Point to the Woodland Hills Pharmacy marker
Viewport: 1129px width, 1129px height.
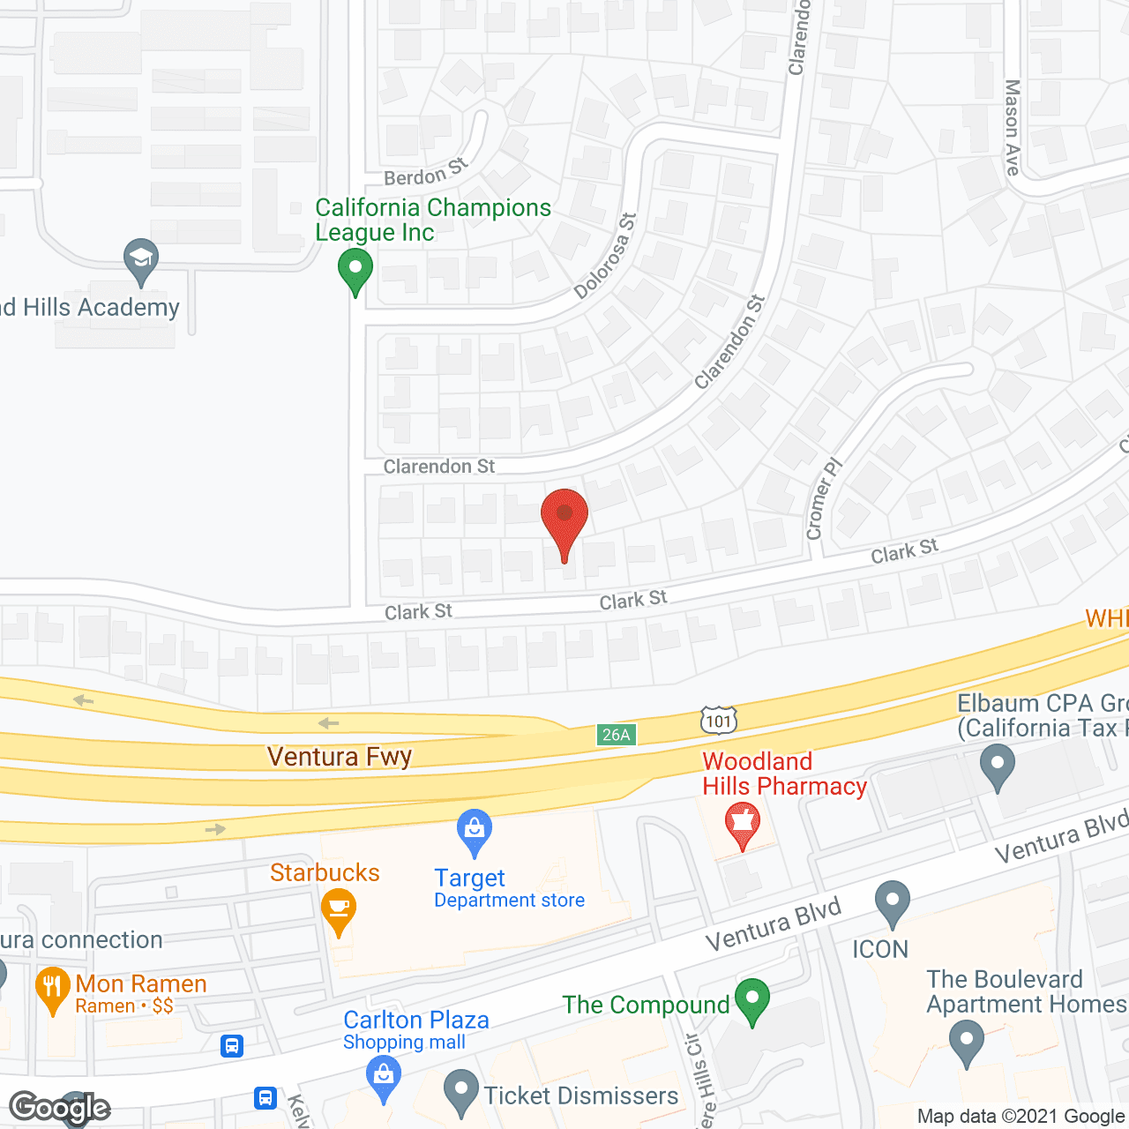pyautogui.click(x=743, y=824)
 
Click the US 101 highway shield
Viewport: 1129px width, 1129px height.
pyautogui.click(x=719, y=721)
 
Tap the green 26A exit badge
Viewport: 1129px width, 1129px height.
pyautogui.click(x=616, y=735)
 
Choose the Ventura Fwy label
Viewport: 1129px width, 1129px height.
pyautogui.click(x=340, y=757)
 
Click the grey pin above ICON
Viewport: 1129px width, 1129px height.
pyautogui.click(x=893, y=903)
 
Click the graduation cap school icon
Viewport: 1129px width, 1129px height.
pyautogui.click(x=141, y=259)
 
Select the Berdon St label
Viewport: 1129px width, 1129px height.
pyautogui.click(x=426, y=172)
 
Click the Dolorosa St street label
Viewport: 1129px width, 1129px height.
pyautogui.click(x=605, y=256)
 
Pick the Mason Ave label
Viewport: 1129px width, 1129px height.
pyautogui.click(x=1013, y=127)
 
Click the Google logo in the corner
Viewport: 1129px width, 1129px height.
pyautogui.click(x=60, y=1107)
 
